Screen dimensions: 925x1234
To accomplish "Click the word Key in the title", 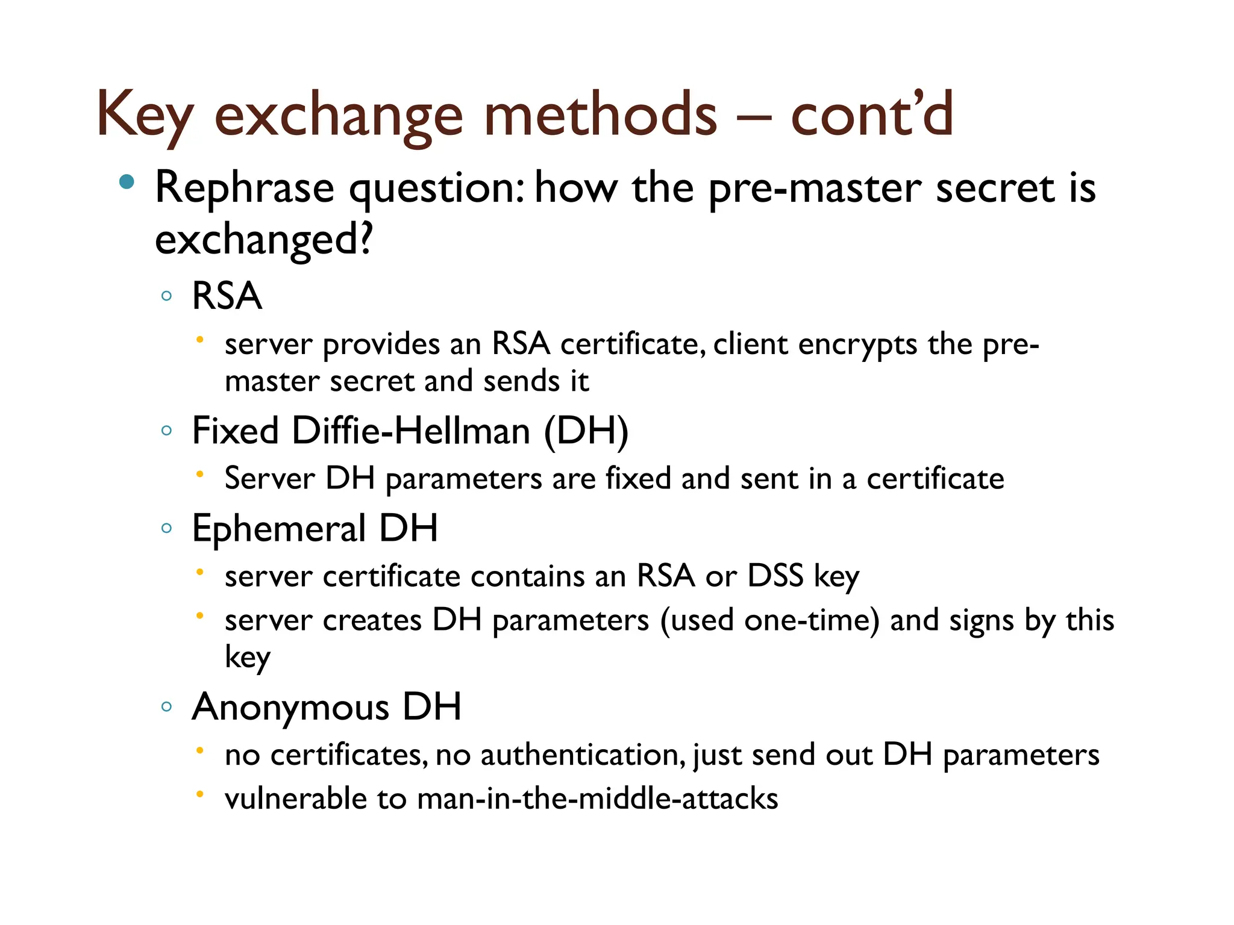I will [x=145, y=114].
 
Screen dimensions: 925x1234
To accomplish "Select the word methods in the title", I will [x=600, y=114].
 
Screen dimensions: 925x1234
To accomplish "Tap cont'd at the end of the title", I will [x=871, y=114].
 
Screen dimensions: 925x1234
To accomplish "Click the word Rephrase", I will [x=244, y=188].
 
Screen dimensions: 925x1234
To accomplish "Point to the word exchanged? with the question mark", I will [x=264, y=240].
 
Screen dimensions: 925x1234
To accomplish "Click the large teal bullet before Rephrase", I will [x=127, y=182].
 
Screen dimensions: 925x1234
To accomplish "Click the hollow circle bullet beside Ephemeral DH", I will [x=167, y=529].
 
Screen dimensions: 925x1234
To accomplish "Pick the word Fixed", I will [x=235, y=431].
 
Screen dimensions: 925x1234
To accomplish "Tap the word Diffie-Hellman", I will [x=411, y=431].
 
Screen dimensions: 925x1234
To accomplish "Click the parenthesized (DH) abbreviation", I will [x=586, y=431].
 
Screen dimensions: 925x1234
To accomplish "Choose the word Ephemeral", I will [x=278, y=529].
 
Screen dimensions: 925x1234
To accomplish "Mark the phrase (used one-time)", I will [x=769, y=620].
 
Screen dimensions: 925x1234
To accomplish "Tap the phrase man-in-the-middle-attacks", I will [x=597, y=799].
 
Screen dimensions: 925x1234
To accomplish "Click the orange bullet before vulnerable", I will [x=199, y=794].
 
